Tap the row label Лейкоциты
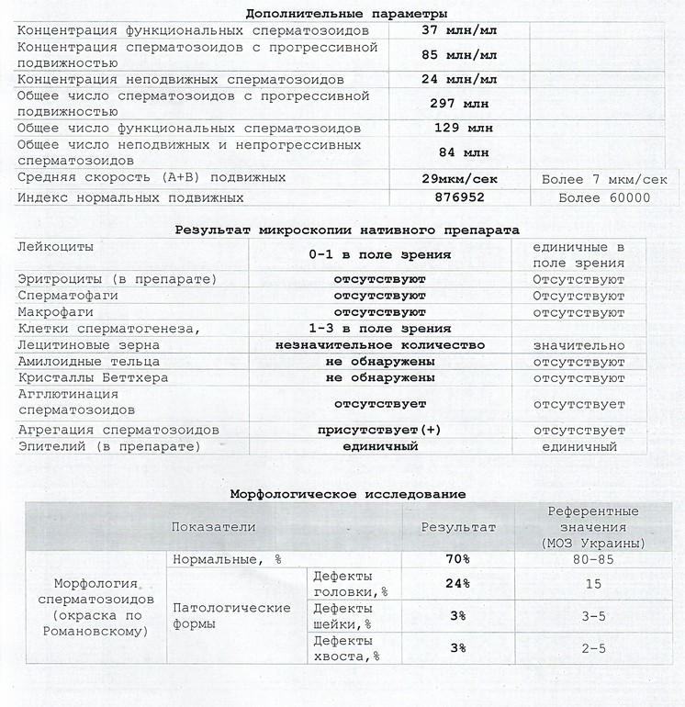point(55,247)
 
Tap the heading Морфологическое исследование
point(347,493)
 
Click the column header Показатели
point(213,527)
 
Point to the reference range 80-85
point(592,558)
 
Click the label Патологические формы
point(231,615)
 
